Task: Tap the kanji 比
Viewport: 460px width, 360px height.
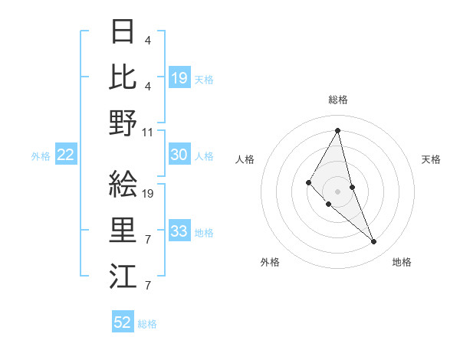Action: tap(123, 77)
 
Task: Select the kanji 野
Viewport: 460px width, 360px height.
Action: tap(123, 122)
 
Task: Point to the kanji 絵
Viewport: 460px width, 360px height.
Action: tap(123, 184)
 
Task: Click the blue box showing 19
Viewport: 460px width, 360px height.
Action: tap(179, 78)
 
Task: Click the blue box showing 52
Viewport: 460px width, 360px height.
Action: tap(123, 323)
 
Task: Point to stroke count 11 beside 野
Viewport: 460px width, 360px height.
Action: tap(148, 132)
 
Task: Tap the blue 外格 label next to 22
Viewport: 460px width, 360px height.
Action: tap(41, 156)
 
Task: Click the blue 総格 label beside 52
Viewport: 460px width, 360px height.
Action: tap(147, 324)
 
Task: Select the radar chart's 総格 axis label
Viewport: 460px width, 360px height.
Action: tap(338, 100)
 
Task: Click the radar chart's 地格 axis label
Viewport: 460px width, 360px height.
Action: tap(402, 262)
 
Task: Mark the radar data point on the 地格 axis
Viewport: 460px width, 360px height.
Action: tap(374, 242)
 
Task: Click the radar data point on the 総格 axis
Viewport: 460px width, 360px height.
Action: tap(338, 130)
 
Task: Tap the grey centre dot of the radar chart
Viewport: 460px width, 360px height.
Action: tap(338, 191)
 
